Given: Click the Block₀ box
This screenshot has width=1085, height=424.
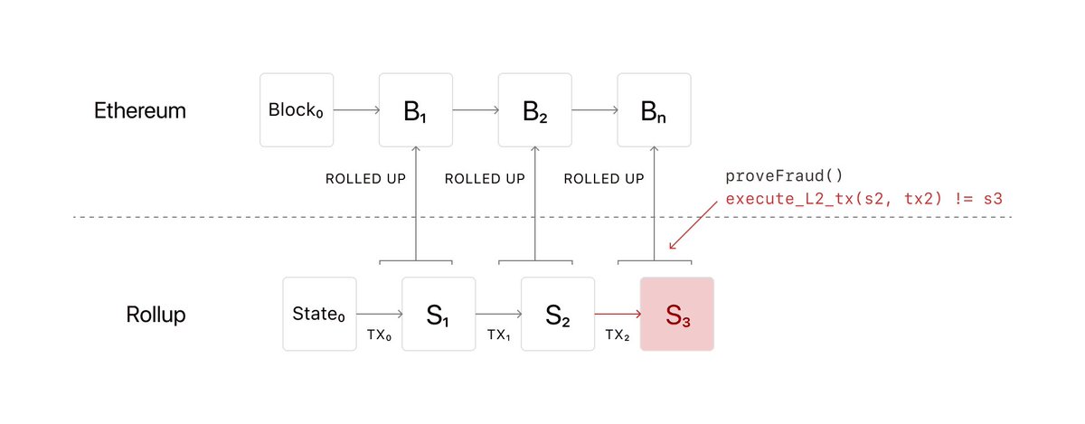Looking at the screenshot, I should tap(296, 110).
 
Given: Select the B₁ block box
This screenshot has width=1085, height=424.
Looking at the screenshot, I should tap(415, 110).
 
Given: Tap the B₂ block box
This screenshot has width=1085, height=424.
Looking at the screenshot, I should tap(534, 110).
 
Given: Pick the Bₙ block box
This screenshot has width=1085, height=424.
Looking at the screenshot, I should tap(654, 110).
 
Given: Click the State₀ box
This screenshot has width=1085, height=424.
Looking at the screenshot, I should tap(319, 314).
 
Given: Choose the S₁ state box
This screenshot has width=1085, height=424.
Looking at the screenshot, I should tap(439, 314).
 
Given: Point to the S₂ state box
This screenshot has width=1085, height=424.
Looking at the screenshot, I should tap(558, 314).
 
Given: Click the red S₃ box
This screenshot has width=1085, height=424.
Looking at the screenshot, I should tap(677, 314).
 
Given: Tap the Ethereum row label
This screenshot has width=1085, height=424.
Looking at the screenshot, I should tap(140, 111).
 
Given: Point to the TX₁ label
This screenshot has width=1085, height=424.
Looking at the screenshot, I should tap(499, 334).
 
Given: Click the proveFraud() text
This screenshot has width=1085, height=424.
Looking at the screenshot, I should tap(770, 174).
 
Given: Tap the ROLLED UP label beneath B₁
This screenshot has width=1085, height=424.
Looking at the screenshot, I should tap(365, 179).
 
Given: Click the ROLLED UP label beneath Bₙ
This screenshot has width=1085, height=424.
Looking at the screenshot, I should tap(604, 179).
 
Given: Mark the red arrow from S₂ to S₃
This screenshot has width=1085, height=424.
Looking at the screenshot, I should tap(618, 315).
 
